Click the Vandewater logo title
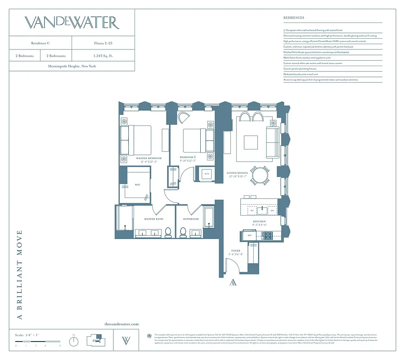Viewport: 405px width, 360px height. point(72,22)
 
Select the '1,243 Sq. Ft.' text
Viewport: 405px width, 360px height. point(103,56)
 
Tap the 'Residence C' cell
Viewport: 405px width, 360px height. point(40,43)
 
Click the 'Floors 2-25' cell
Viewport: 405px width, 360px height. point(103,43)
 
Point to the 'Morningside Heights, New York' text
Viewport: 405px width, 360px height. point(72,66)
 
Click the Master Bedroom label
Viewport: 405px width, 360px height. point(148,159)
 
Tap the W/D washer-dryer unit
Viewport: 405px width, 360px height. point(207,174)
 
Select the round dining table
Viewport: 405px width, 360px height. point(260,174)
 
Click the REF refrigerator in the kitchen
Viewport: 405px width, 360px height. point(250,235)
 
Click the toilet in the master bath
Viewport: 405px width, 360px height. point(168,232)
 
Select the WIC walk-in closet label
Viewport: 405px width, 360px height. point(138,184)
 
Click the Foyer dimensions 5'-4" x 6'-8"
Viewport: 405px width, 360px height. point(236,255)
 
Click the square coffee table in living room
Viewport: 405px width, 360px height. point(251,142)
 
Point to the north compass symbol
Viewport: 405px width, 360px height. point(74,342)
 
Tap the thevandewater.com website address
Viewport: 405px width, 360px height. point(121,324)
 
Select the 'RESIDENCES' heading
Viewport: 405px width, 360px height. point(294,18)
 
